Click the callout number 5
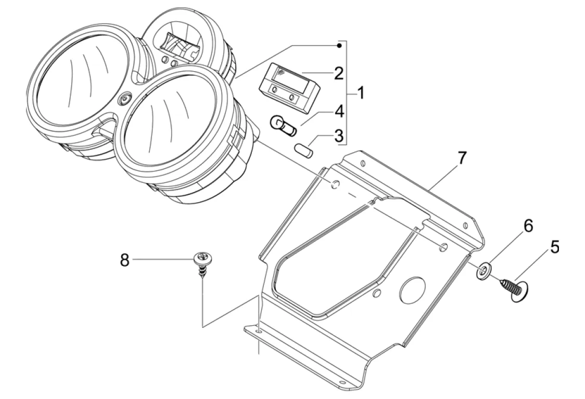[x=555, y=247]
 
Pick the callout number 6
[x=528, y=225]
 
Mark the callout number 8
[x=125, y=260]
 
